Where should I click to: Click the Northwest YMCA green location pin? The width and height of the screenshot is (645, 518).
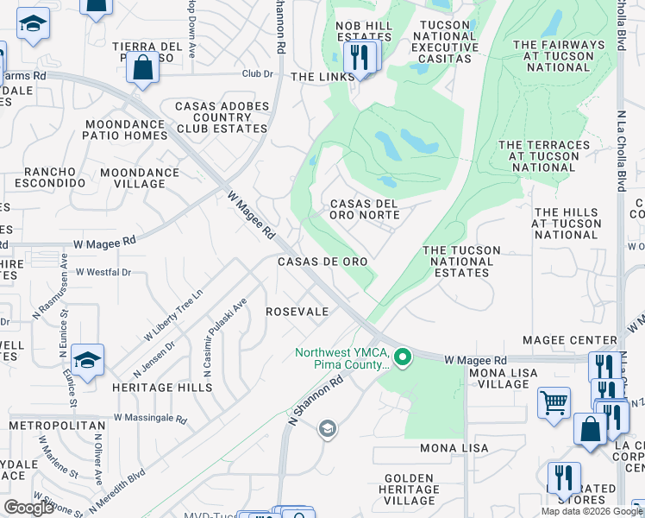coord(401,357)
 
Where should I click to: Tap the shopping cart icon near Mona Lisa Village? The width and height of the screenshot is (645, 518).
coord(554,401)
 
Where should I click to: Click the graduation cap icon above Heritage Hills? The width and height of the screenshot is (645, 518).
coord(87,359)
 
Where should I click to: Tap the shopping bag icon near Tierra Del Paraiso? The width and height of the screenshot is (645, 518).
coord(143,67)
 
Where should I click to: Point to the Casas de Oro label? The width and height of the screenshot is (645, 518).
coord(322,262)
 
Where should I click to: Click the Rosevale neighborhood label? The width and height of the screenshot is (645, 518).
coord(297,312)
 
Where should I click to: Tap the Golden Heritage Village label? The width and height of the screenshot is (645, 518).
coord(409,489)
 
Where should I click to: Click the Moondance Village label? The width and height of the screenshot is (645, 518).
coord(139,178)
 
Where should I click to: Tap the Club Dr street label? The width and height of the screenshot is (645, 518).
coord(257,74)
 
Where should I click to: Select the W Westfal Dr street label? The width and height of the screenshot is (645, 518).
coord(103,272)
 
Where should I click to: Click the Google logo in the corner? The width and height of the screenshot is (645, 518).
coord(28,508)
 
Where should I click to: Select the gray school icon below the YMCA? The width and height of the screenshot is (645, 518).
coord(327,428)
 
